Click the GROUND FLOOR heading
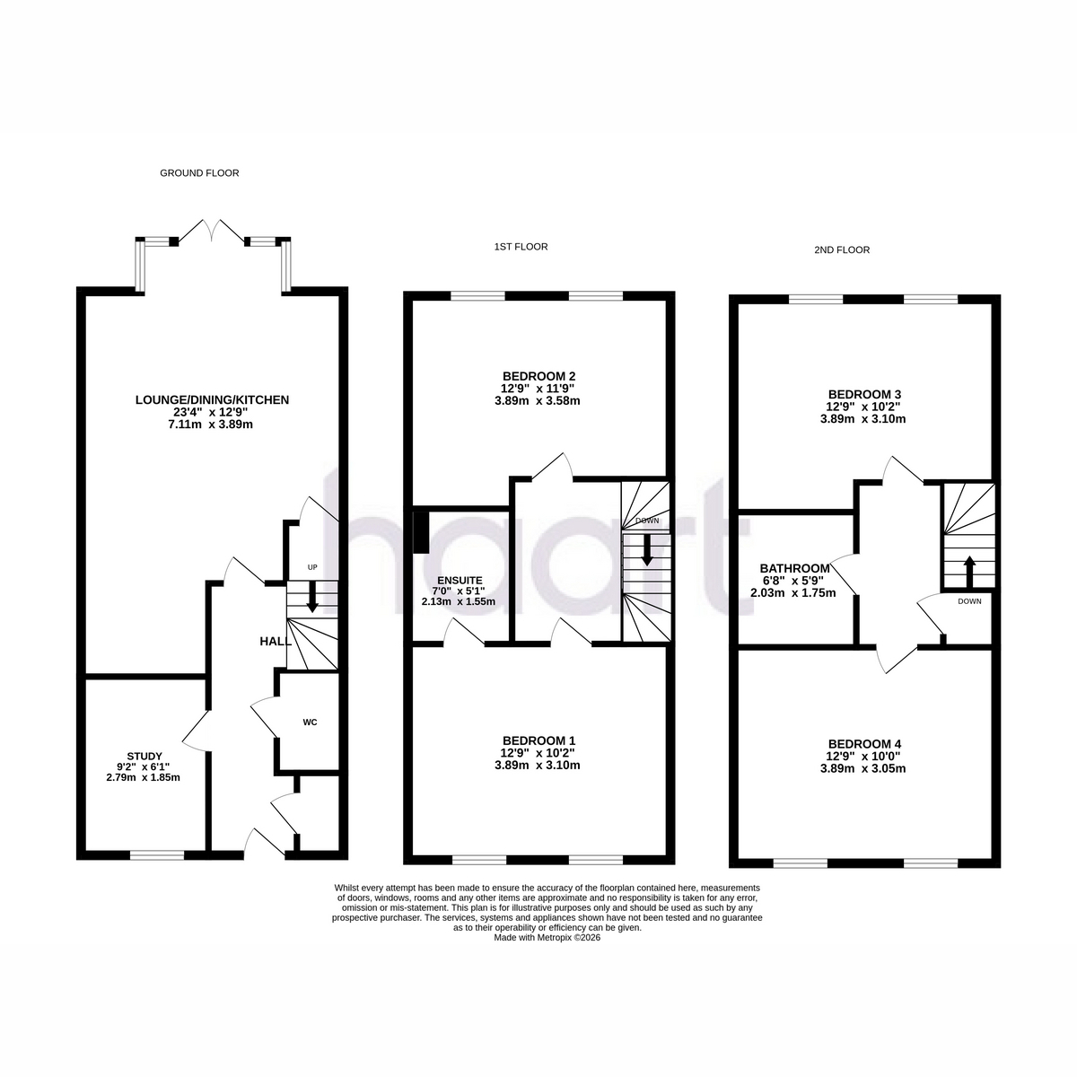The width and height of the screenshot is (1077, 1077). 199,173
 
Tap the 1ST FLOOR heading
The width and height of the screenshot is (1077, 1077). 521,247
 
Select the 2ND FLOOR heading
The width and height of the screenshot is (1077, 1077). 842,250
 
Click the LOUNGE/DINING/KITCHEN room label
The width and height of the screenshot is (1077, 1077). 212,400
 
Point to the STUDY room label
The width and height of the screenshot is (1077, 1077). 144,757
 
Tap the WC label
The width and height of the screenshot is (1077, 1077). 311,722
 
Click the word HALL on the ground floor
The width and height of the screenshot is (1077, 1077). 276,642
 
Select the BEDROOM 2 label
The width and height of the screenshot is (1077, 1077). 538,376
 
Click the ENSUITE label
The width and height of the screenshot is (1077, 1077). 460,581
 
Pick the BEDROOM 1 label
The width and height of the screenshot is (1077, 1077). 538,740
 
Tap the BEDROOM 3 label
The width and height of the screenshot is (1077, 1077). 864,394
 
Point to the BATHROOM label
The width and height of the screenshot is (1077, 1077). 795,569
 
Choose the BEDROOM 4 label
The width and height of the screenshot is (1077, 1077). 864,744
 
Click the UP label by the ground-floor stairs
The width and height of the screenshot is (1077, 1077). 312,567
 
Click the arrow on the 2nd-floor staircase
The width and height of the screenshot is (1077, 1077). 969,571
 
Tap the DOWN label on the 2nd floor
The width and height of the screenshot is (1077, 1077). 969,601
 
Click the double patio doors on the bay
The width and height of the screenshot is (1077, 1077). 212,231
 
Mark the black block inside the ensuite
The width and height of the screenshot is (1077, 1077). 420,532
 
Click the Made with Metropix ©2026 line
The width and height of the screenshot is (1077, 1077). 547,937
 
